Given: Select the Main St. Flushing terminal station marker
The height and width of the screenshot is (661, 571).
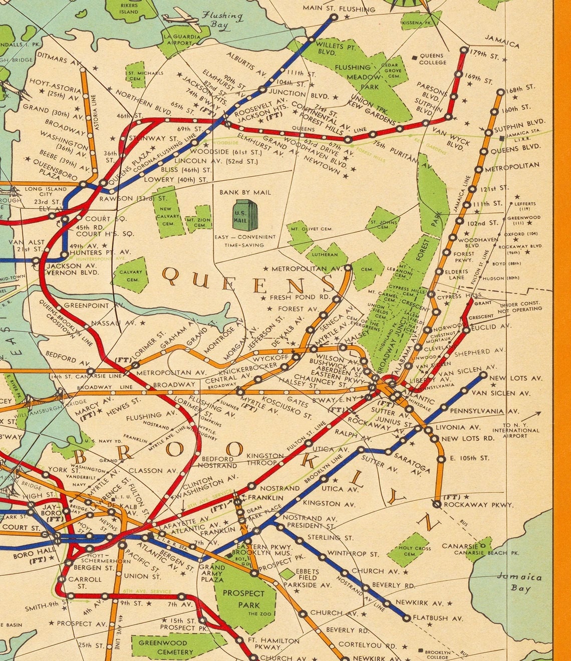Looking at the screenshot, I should [334, 17].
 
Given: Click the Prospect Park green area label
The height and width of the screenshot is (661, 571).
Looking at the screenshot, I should [243, 598].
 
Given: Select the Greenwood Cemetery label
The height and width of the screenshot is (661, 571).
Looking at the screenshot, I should [165, 647].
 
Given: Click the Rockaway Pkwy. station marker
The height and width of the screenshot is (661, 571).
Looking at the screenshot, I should [437, 504].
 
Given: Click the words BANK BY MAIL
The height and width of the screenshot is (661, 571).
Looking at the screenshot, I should [245, 192].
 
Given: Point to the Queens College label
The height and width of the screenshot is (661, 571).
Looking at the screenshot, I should [432, 59].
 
